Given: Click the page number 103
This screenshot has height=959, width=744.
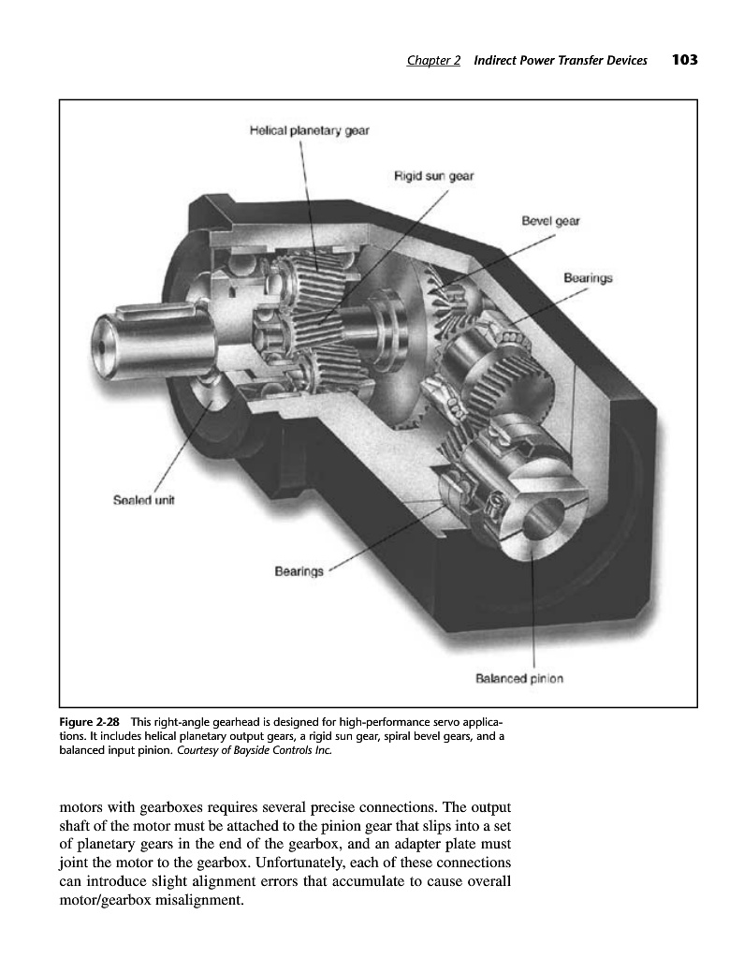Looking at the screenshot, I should (684, 61).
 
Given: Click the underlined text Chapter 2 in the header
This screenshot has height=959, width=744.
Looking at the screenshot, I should (433, 62).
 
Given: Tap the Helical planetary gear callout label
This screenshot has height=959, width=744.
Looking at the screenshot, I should (309, 131).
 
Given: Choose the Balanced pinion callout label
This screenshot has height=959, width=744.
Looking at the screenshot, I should (520, 678).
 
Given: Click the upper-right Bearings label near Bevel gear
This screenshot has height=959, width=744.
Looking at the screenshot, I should (589, 278).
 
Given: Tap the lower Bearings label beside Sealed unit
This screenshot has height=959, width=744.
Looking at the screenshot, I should (299, 569).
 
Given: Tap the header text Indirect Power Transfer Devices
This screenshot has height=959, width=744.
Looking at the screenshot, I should (561, 62).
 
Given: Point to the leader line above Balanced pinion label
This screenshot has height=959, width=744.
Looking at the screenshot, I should (533, 609).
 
